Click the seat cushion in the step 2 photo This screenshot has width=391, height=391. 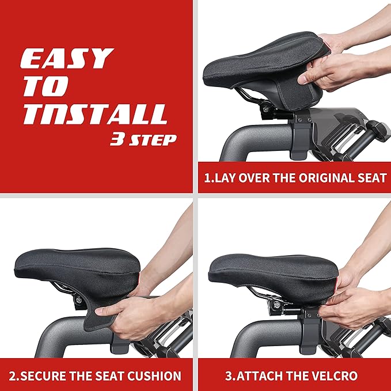click(x=81, y=265)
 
